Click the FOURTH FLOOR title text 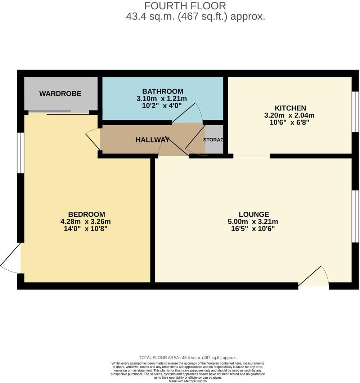tap(185, 6)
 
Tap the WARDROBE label tap(60, 94)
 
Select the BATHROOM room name tap(162, 91)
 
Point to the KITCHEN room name tap(290, 108)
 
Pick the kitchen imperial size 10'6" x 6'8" tap(290, 123)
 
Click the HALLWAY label tap(152, 140)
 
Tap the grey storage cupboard tap(215, 140)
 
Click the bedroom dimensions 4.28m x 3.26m tap(85, 222)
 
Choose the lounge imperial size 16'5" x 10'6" tap(250, 229)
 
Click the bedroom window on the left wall tap(21, 153)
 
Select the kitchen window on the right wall tap(355, 112)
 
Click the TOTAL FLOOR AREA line tap(188, 357)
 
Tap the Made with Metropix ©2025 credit tap(188, 381)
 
